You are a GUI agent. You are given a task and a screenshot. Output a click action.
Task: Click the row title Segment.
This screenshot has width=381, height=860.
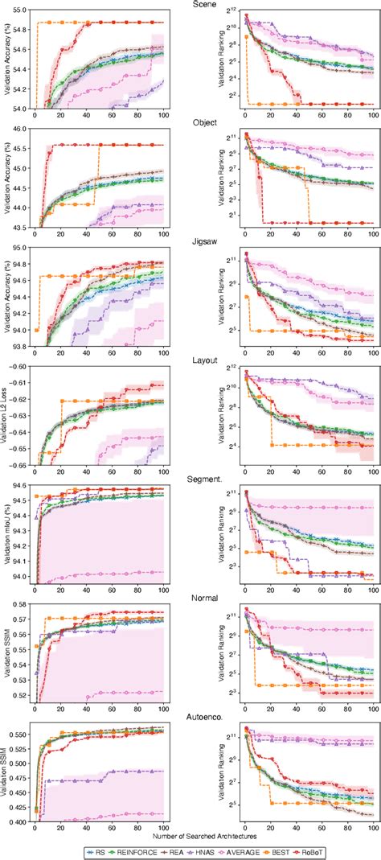coord(190,479)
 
